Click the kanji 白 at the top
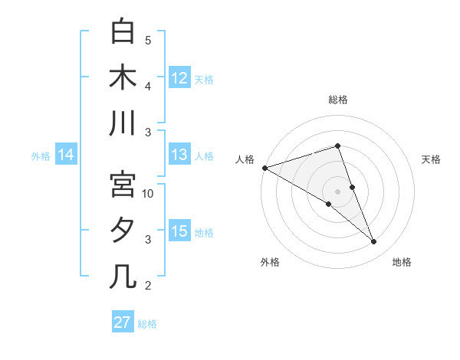coord(123,33)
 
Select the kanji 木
coord(123,78)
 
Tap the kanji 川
coord(123,123)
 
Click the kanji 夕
coord(123,231)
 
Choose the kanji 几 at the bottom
coord(123,276)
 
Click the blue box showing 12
coord(179,78)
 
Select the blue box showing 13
coord(179,155)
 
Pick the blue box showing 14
coord(66,155)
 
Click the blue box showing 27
coord(122,322)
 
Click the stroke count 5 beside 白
coord(148,41)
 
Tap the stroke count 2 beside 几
coord(148,286)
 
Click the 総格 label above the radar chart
coord(337,100)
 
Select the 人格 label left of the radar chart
coord(244,159)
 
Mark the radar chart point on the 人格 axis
coord(264,167)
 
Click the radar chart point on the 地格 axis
coord(374,242)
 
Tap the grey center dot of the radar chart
coord(337,191)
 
